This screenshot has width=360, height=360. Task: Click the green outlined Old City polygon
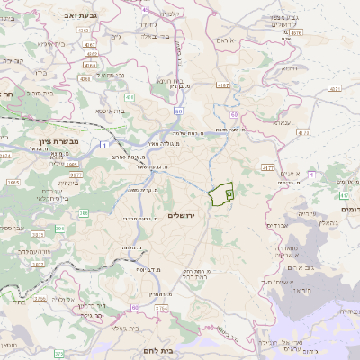point(219,195)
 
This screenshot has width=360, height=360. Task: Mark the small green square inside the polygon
point(229,193)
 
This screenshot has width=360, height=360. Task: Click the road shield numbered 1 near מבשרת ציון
point(105,144)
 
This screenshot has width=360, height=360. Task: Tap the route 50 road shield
point(179,111)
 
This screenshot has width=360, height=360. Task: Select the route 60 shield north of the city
point(234,115)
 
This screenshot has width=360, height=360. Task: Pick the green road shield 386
point(84,213)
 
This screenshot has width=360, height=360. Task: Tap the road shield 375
point(59,354)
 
